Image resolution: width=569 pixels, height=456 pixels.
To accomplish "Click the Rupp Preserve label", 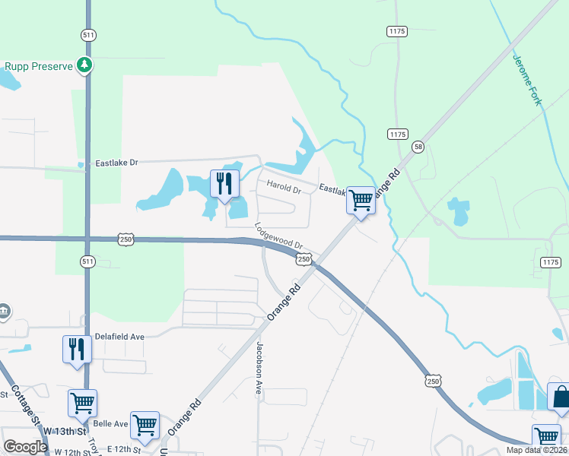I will point(38,66).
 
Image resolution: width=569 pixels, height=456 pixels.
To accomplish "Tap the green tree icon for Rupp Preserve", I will point(85,66).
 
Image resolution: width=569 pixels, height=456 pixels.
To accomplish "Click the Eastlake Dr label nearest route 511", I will point(116,163).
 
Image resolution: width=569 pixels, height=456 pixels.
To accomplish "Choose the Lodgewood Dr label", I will point(279,236).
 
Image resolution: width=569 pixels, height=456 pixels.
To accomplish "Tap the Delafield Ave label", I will point(119,336).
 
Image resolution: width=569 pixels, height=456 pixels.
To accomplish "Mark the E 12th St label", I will point(127,448).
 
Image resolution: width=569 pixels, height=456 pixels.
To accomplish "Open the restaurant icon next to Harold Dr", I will point(224,185).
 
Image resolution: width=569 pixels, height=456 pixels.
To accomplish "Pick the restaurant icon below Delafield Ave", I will point(77,350).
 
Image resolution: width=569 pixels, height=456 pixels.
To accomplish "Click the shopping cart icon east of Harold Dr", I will point(361,201).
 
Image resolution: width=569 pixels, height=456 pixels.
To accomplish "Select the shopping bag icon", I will point(560,397).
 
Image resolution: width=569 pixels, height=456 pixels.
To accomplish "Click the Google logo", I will point(25,447).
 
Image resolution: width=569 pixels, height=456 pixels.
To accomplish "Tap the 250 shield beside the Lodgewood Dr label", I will point(304,260).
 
